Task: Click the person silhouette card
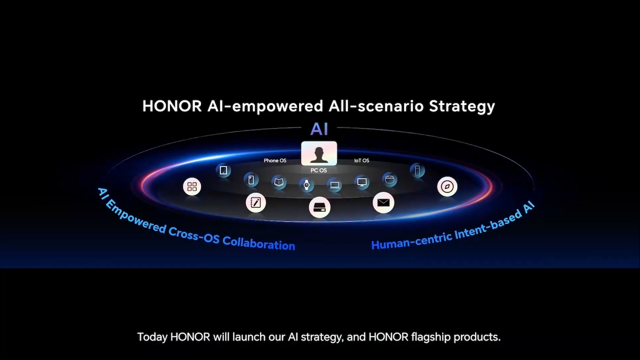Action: click(x=319, y=153)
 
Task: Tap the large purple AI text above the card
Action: click(x=319, y=129)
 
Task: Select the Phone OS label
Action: click(x=275, y=160)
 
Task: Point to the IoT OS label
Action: click(x=361, y=160)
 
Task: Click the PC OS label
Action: click(x=318, y=170)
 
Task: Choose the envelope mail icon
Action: click(x=383, y=203)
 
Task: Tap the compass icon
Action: click(x=447, y=186)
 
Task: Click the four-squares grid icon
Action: click(x=192, y=187)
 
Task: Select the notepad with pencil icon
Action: click(x=255, y=203)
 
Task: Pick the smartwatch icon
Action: click(x=306, y=184)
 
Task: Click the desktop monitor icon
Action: click(x=362, y=182)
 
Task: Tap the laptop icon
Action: click(x=334, y=185)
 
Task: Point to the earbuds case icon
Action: click(x=389, y=179)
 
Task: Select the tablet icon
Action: click(x=223, y=170)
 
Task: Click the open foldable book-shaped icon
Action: click(x=278, y=182)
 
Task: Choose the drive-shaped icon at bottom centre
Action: click(x=319, y=207)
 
